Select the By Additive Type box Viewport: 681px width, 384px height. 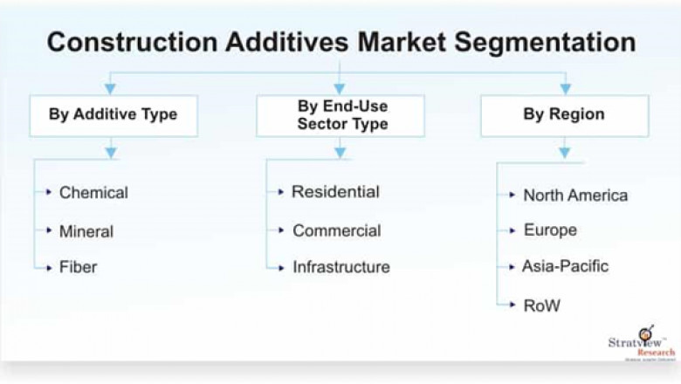(113, 115)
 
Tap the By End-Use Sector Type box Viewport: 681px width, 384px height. (341, 115)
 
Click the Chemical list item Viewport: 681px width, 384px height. (93, 193)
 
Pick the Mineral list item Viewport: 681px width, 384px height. (86, 231)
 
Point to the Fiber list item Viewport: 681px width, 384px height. (78, 267)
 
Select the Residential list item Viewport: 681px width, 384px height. (335, 192)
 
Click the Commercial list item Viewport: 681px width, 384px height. (336, 231)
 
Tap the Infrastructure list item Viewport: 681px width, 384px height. (340, 267)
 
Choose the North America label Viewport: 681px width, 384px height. (574, 195)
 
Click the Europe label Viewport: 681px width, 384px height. (550, 230)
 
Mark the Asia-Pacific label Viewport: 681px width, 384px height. (565, 266)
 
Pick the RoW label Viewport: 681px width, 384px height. (541, 305)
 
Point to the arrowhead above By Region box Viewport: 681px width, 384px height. (565, 87)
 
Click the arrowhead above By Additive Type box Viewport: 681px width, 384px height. (111, 87)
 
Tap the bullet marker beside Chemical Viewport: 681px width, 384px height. (49, 193)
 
